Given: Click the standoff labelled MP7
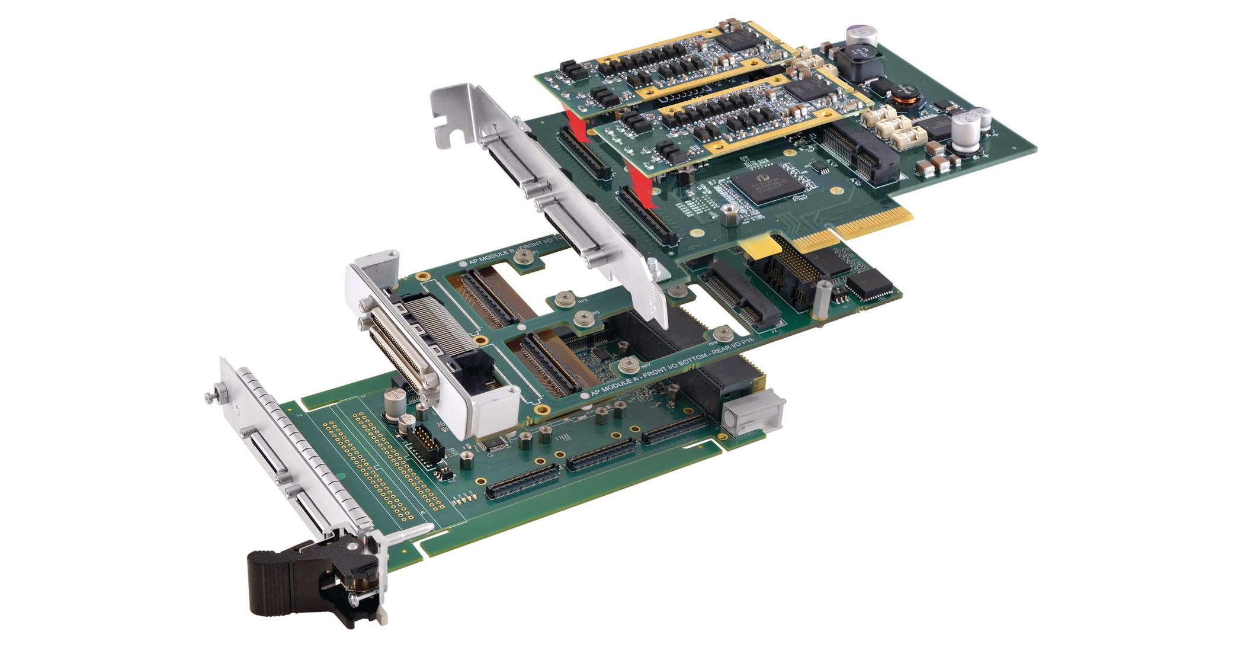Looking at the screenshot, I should pos(630,366).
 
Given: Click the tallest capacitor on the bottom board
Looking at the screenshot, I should pos(392,403).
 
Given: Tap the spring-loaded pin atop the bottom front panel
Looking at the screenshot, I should pos(211,396).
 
